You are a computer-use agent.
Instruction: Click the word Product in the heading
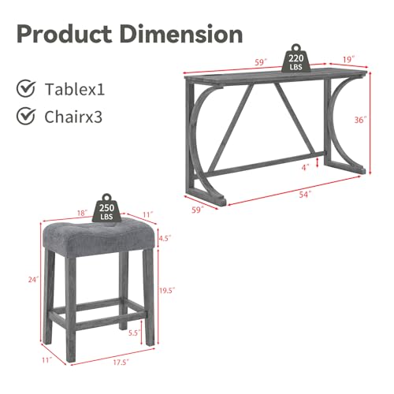[65, 35]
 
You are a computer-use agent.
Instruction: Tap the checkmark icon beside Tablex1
[26, 88]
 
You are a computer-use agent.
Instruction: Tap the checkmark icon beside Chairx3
[26, 116]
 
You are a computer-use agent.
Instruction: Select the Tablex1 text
[75, 89]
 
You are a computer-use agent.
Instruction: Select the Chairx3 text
[73, 117]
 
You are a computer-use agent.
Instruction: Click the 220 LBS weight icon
[296, 58]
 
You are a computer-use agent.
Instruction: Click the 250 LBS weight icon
[106, 208]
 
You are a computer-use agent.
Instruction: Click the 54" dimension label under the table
[305, 195]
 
